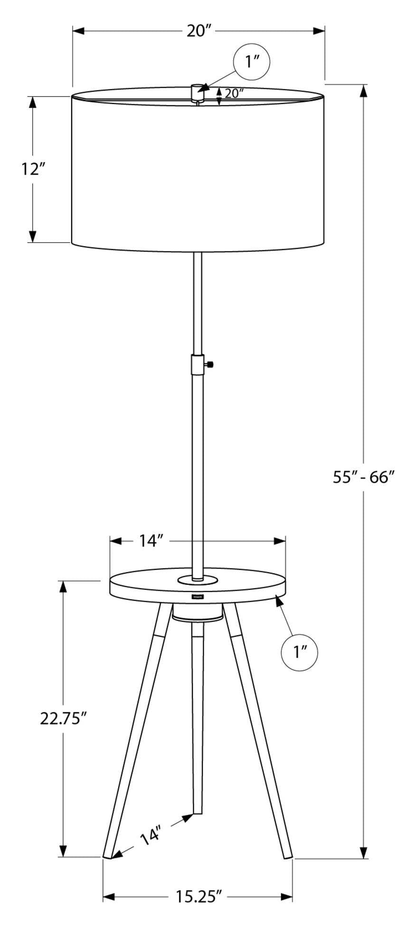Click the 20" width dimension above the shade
click(x=198, y=31)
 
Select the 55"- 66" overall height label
click(x=364, y=477)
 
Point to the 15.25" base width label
click(x=199, y=896)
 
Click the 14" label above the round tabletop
click(x=151, y=540)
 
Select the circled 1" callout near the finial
click(x=252, y=61)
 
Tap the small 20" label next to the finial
click(x=234, y=93)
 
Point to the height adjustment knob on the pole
click(x=209, y=364)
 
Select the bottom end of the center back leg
click(x=197, y=813)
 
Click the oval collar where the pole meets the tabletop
click(x=197, y=579)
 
